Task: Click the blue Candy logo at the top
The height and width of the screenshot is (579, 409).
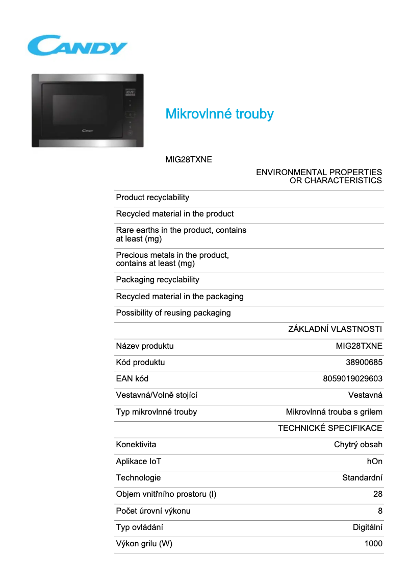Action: [78, 45]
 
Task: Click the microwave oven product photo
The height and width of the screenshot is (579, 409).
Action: [87, 111]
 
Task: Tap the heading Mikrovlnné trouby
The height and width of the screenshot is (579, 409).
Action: [219, 114]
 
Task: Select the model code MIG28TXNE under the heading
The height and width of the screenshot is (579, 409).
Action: [189, 160]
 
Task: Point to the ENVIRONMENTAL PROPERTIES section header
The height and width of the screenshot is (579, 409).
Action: [319, 176]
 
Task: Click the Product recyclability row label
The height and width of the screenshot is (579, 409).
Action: [152, 198]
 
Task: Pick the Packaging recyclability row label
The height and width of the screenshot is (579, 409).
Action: [158, 280]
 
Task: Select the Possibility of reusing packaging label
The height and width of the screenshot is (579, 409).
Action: [173, 313]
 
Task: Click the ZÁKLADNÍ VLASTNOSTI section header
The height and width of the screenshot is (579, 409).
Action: [335, 329]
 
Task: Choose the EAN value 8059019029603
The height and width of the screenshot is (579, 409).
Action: [352, 379]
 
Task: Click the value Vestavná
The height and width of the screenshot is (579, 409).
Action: [365, 395]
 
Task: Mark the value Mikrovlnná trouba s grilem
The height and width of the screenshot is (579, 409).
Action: [334, 412]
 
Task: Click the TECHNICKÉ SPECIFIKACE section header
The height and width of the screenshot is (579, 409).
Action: [330, 428]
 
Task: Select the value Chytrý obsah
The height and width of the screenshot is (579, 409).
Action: [358, 445]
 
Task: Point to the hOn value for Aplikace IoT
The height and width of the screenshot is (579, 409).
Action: [374, 462]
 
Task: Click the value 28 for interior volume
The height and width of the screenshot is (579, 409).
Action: [377, 494]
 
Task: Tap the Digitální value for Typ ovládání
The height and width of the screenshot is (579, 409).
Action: [368, 527]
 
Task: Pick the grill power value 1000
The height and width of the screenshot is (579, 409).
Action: [373, 544]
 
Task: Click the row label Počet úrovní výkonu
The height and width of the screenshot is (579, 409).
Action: [154, 511]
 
